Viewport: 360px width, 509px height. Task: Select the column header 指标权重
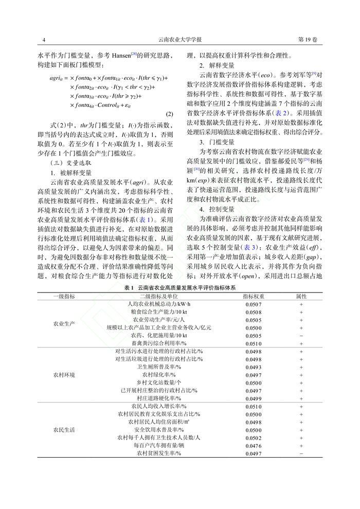pos(254,297)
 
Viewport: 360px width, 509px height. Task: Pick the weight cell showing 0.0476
pos(254,446)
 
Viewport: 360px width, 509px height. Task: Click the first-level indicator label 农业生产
pos(64,324)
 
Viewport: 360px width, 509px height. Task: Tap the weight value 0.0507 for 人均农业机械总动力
pos(254,304)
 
